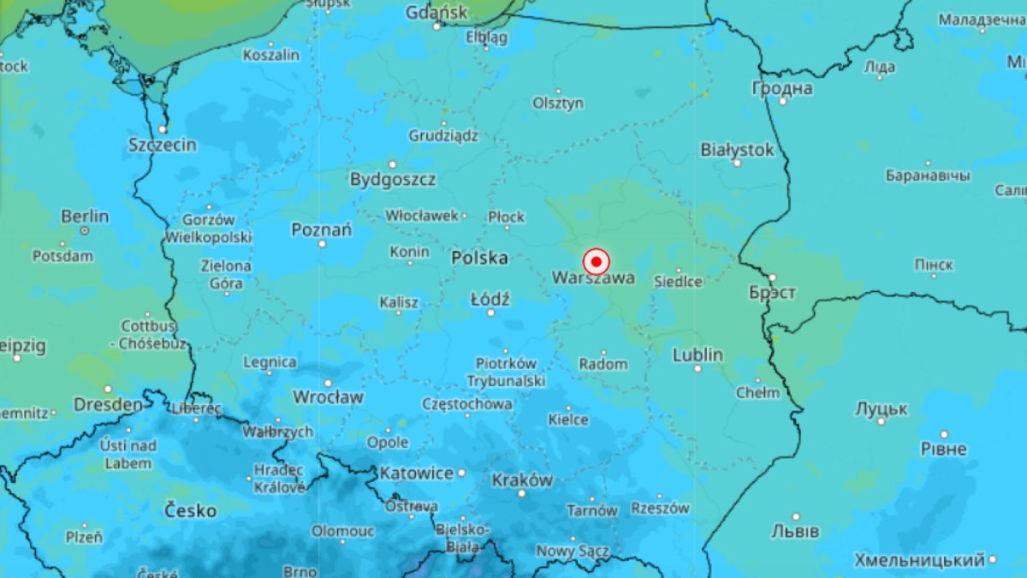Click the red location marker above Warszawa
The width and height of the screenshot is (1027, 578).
(x=596, y=261)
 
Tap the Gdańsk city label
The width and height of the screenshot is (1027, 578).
(x=436, y=13)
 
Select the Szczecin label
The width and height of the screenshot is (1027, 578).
(x=163, y=145)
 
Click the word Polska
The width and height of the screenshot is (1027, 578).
(x=479, y=258)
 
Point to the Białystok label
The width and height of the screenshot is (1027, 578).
(x=737, y=150)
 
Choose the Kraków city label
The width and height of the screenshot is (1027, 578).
(x=522, y=480)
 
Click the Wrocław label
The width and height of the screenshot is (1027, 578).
(x=328, y=397)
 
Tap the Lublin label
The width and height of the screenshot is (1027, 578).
(x=698, y=355)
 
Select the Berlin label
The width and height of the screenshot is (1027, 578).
(x=85, y=217)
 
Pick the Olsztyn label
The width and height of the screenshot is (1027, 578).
(x=558, y=103)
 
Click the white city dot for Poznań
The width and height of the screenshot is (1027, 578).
(x=323, y=243)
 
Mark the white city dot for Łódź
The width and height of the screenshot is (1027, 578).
(x=490, y=313)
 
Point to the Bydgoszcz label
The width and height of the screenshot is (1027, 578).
(x=393, y=180)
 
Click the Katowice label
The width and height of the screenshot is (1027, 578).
(x=417, y=473)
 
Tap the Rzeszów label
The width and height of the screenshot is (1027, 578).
(x=660, y=508)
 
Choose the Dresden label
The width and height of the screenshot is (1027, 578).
(x=108, y=404)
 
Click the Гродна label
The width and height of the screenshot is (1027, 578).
(x=782, y=88)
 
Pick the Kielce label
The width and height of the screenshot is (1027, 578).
(x=568, y=420)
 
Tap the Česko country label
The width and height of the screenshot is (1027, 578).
(x=190, y=511)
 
